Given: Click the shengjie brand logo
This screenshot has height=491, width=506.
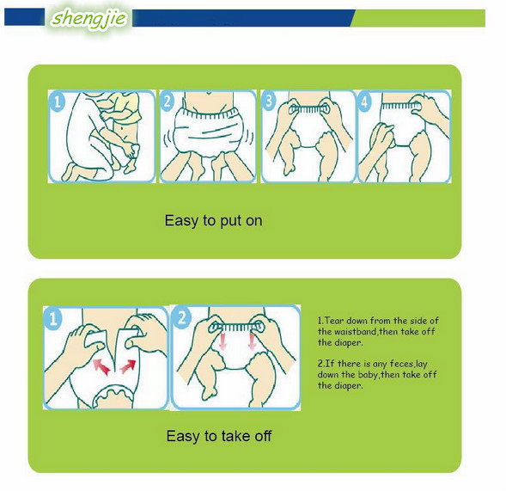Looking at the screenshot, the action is [x=88, y=18].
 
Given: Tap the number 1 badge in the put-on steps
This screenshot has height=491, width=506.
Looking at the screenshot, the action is [x=58, y=101].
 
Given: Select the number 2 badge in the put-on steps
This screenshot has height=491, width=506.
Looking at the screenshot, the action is [x=168, y=101].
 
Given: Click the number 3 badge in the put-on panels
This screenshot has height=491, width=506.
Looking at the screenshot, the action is [x=269, y=101].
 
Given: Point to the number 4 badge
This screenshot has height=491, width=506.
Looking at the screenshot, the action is [x=364, y=101].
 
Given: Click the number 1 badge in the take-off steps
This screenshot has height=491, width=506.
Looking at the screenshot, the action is [x=53, y=319].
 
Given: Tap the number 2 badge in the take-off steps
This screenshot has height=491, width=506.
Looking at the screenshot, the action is [x=182, y=317].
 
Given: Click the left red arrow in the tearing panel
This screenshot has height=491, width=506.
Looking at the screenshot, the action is [x=101, y=367].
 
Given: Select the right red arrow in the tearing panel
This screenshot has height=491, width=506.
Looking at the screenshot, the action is [x=127, y=366].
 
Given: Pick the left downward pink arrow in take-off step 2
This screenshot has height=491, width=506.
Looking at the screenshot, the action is [x=222, y=341].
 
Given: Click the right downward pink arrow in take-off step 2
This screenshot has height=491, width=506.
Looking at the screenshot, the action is [x=252, y=341].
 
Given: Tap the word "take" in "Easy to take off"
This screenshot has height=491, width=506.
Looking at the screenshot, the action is [x=235, y=436].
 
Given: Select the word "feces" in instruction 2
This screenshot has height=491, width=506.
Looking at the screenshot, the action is [x=401, y=364].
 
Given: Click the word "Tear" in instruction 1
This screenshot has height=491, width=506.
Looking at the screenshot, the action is [x=334, y=321].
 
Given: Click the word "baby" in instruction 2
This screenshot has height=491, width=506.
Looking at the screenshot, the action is [x=368, y=375].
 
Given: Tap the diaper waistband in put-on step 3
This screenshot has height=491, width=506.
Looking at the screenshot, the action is [x=308, y=109].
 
